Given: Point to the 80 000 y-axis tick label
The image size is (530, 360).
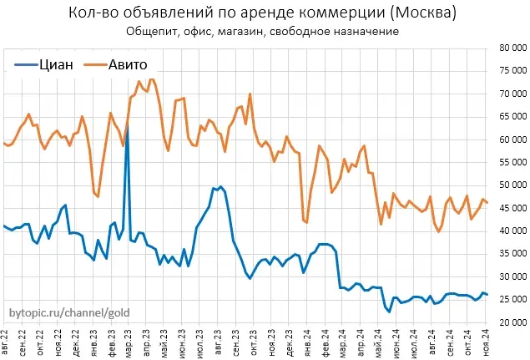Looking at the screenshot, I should click(511, 48).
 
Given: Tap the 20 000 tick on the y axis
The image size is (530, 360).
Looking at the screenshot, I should click(511, 322).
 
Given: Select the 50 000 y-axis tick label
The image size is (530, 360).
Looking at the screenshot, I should click(511, 185).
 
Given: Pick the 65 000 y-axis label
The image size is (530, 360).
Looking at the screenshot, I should click(511, 117).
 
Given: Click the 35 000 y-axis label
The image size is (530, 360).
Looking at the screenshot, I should click(511, 253).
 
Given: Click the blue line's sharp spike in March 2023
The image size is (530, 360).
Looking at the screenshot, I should click(127, 125).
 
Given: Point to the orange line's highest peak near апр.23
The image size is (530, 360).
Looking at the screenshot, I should click(150, 79).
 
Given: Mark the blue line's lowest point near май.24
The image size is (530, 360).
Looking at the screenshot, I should click(389, 312).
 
